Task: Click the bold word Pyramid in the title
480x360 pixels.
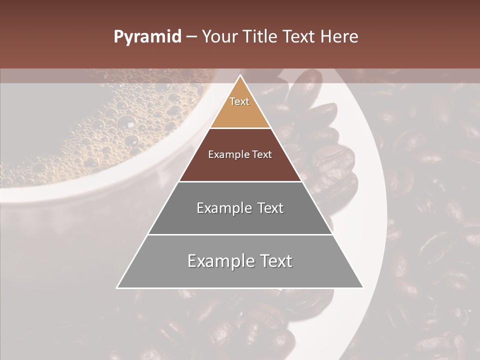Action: pos(147,37)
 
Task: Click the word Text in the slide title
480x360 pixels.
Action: pos(299,37)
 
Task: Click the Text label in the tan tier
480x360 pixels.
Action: pos(239,101)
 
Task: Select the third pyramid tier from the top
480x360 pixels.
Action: pos(240,220)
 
